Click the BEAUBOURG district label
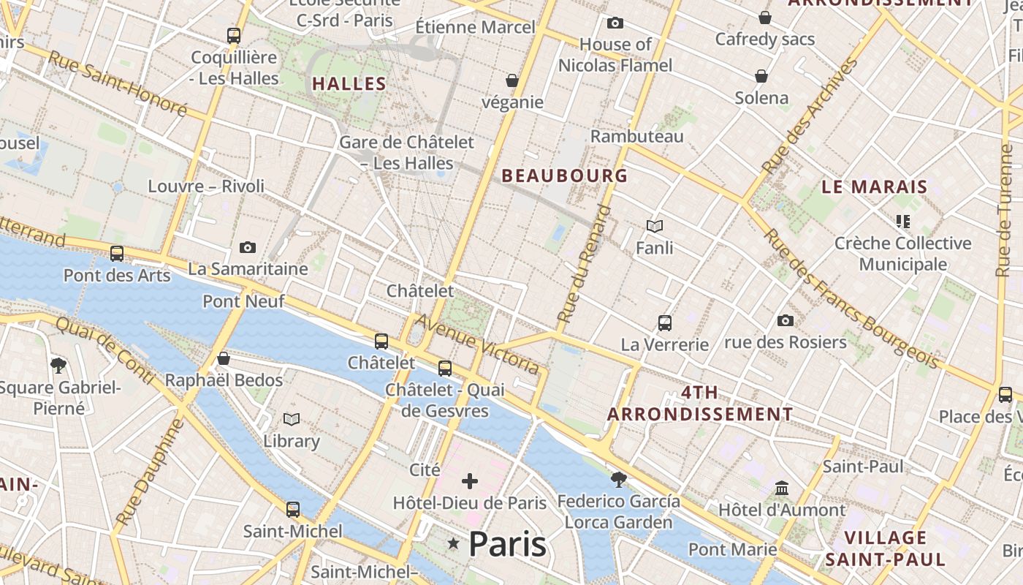tap(564, 175)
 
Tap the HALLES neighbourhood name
tap(349, 84)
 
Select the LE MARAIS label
tap(874, 186)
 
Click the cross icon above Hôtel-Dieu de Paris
tap(470, 481)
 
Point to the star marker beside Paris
tap(454, 543)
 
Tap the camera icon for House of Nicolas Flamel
tap(615, 23)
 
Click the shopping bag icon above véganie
tap(512, 80)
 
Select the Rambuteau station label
tap(636, 136)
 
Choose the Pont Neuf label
tap(243, 301)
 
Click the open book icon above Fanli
tap(655, 227)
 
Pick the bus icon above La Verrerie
tap(664, 322)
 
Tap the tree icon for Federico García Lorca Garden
tap(618, 480)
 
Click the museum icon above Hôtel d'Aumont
tap(782, 488)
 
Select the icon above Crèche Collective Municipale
tap(902, 221)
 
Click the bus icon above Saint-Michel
tap(292, 509)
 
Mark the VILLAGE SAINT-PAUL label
tap(885, 548)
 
